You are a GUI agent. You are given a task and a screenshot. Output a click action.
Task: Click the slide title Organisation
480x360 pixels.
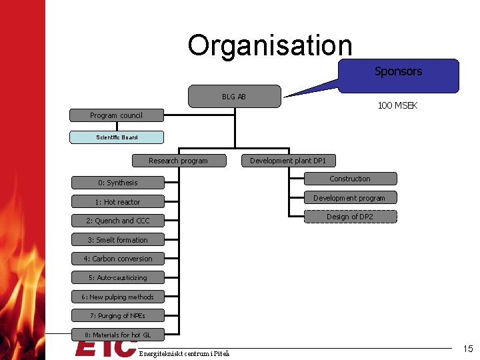click(269, 45)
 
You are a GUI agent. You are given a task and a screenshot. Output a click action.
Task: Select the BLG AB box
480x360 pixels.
click(234, 97)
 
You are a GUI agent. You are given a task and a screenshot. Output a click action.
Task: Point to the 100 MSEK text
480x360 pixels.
click(397, 106)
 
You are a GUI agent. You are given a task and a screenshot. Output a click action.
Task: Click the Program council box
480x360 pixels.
click(117, 115)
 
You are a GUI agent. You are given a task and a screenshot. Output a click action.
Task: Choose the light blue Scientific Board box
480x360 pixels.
click(117, 137)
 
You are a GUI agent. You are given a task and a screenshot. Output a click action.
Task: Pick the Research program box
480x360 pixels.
click(178, 161)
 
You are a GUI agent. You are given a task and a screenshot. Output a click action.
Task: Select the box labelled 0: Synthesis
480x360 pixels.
click(117, 183)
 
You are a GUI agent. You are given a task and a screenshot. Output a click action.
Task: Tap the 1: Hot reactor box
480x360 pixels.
click(117, 202)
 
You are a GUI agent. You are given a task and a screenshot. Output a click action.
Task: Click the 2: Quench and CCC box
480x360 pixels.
click(117, 221)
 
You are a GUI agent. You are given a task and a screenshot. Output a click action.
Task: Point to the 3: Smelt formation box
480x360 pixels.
click(117, 240)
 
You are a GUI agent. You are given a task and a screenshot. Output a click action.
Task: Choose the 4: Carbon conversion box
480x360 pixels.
click(117, 259)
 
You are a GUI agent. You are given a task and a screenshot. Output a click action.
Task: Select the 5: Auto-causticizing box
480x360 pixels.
click(117, 277)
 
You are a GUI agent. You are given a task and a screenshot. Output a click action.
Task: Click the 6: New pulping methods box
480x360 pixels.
click(117, 297)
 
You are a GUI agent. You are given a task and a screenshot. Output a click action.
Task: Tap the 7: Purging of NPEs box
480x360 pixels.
click(117, 315)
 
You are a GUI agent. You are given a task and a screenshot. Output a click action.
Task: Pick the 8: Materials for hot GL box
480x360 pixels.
click(117, 334)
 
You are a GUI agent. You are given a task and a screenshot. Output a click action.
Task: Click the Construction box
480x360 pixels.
click(350, 179)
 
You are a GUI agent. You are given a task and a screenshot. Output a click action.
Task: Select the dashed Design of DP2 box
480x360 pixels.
click(350, 217)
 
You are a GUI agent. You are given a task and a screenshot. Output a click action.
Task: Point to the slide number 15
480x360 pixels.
click(468, 348)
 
